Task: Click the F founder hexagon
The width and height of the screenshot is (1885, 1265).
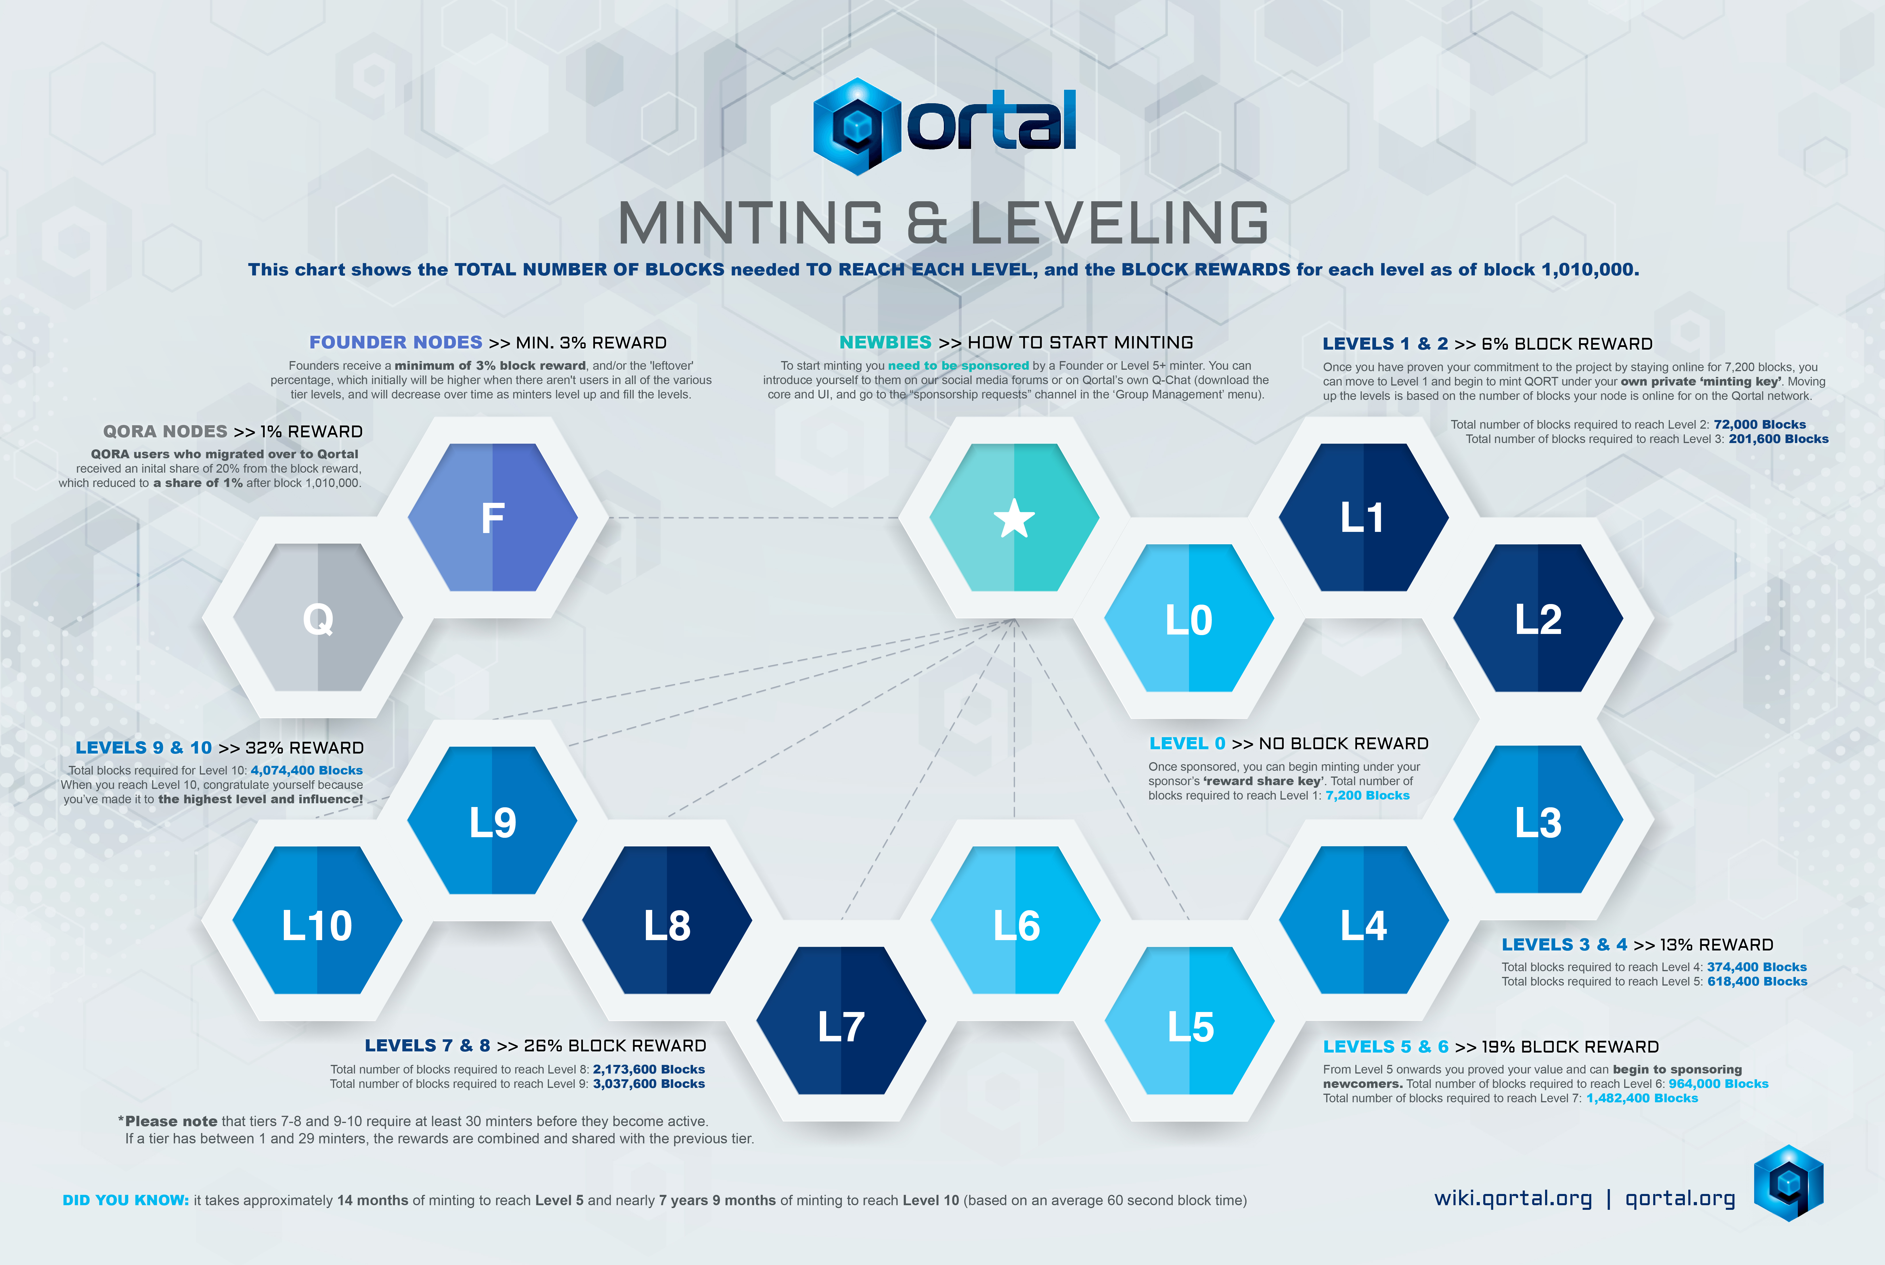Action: click(x=492, y=517)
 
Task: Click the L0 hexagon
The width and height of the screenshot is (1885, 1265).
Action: click(x=1189, y=618)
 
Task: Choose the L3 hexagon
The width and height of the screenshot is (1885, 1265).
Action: click(x=1538, y=820)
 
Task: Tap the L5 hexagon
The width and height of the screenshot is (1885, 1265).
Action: click(x=1189, y=1021)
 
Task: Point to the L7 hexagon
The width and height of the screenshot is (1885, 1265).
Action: click(x=841, y=1021)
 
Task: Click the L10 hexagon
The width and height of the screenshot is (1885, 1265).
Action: click(x=317, y=920)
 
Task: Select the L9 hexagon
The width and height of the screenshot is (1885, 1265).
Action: click(x=492, y=820)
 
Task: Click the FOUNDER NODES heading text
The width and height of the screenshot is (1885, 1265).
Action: click(x=395, y=342)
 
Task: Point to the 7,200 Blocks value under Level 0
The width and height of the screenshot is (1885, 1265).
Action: click(x=1368, y=796)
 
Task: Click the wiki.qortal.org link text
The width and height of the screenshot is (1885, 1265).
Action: click(x=1513, y=1199)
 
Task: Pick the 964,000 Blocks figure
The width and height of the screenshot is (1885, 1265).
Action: click(x=1719, y=1084)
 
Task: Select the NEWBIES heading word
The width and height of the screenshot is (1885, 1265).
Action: click(x=885, y=342)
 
